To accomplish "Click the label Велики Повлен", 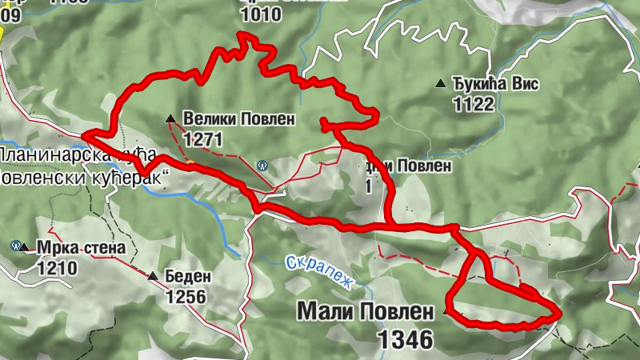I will (x=239, y=120).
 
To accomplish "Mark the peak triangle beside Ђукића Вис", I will (x=440, y=83).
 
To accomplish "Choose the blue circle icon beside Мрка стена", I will (x=16, y=245).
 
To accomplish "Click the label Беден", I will (x=188, y=277).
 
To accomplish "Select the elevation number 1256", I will (x=186, y=297).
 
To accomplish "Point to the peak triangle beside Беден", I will (x=153, y=277).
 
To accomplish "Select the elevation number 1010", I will (x=261, y=14).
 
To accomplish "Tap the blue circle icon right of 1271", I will (x=262, y=165).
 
